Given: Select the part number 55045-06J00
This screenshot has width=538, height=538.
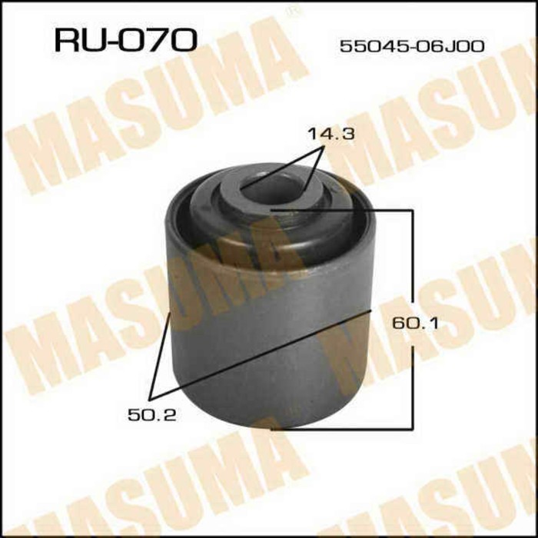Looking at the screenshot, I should [412, 46].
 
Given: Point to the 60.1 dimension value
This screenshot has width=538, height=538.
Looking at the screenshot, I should [413, 324].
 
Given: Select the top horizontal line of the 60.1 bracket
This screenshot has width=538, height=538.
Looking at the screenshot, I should [346, 208].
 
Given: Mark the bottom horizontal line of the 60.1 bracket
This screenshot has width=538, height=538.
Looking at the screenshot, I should [346, 428].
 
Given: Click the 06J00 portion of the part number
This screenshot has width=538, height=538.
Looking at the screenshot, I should [456, 46].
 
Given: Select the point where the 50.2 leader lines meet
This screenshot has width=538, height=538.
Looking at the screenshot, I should [151, 398].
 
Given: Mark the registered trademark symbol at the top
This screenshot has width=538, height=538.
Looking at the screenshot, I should [291, 11].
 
